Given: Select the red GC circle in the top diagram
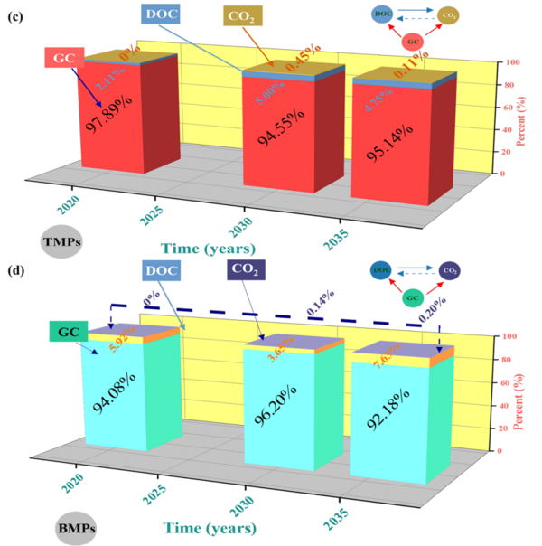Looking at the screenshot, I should click(412, 42).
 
